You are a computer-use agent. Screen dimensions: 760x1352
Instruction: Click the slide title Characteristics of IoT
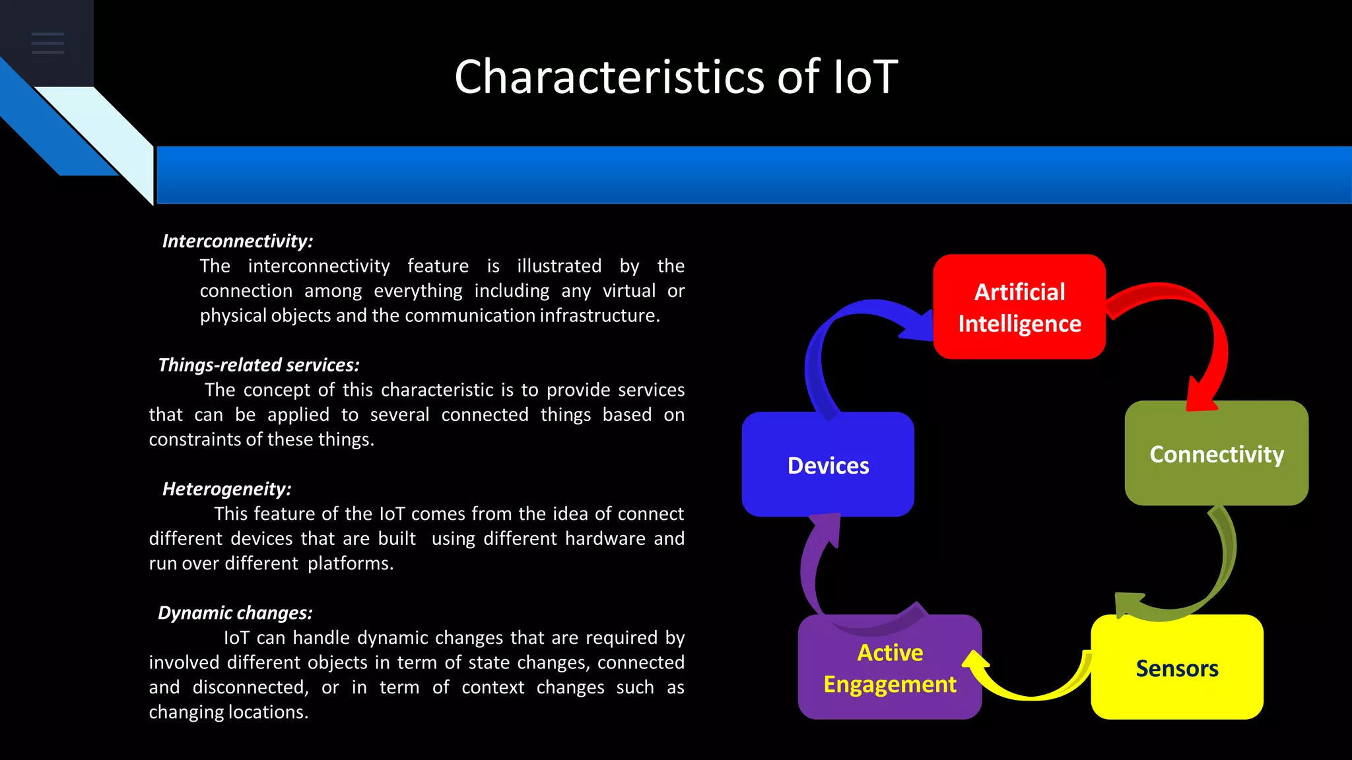pyautogui.click(x=676, y=77)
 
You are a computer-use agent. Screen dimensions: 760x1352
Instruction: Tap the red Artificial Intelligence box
pyautogui.click(x=1019, y=307)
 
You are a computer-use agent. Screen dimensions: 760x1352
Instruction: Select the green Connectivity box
pyautogui.click(x=1216, y=454)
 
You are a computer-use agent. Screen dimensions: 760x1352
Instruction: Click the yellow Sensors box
pyautogui.click(x=1176, y=668)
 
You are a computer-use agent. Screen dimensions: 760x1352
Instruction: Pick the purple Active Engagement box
pyautogui.click(x=889, y=668)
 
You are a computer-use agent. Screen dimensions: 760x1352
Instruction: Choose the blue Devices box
pyautogui.click(x=828, y=465)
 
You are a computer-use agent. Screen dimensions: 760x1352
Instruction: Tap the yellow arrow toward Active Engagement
pyautogui.click(x=1030, y=689)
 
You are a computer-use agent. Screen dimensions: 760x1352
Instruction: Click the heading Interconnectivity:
pyautogui.click(x=238, y=241)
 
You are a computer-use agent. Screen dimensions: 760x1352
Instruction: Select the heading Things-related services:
pyautogui.click(x=259, y=365)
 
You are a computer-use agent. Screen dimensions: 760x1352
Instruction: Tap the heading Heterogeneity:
pyautogui.click(x=226, y=489)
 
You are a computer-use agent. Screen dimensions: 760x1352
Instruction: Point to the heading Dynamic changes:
pyautogui.click(x=235, y=613)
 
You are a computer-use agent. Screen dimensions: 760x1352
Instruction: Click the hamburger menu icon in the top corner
pyautogui.click(x=48, y=43)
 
